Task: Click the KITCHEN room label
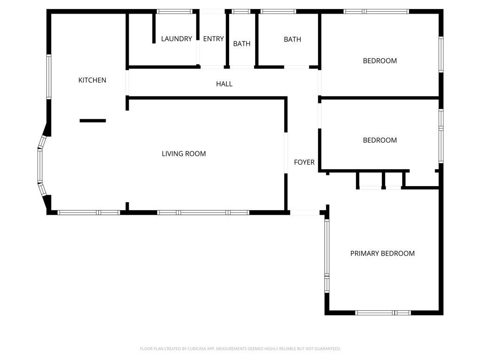coord(92,80)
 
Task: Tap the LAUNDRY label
coord(177,39)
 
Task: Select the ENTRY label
coord(214,39)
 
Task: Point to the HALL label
coord(224,84)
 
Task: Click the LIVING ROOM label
coord(184,154)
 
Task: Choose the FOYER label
coord(304,162)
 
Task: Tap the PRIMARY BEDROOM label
coord(382,253)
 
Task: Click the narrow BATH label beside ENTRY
coord(242,44)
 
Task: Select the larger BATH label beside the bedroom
coord(292,39)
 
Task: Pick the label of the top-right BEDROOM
coord(380,61)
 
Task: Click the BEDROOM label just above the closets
coord(380,140)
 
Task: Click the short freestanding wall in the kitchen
coord(93,121)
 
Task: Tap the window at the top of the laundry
coord(175,12)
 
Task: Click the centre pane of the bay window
coord(40,166)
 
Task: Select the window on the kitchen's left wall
coord(49,77)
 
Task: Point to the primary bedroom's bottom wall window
coord(383,313)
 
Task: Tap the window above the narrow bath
coord(241,12)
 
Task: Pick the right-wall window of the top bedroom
coord(441,55)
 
